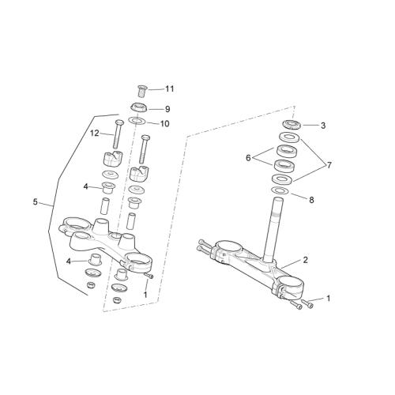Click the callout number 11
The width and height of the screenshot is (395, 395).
[x=170, y=89]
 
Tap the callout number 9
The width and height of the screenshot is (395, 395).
[x=167, y=109]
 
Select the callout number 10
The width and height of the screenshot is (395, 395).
[x=165, y=124]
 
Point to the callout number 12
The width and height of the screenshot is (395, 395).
[x=94, y=134]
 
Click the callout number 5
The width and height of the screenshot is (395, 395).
[x=36, y=202]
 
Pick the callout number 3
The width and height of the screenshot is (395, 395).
[x=323, y=126]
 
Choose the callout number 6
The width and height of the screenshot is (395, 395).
[x=248, y=158]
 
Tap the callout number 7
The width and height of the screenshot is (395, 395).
[x=329, y=165]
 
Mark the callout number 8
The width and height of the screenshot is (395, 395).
[x=311, y=200]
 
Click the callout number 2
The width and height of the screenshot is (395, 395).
[x=305, y=260]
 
